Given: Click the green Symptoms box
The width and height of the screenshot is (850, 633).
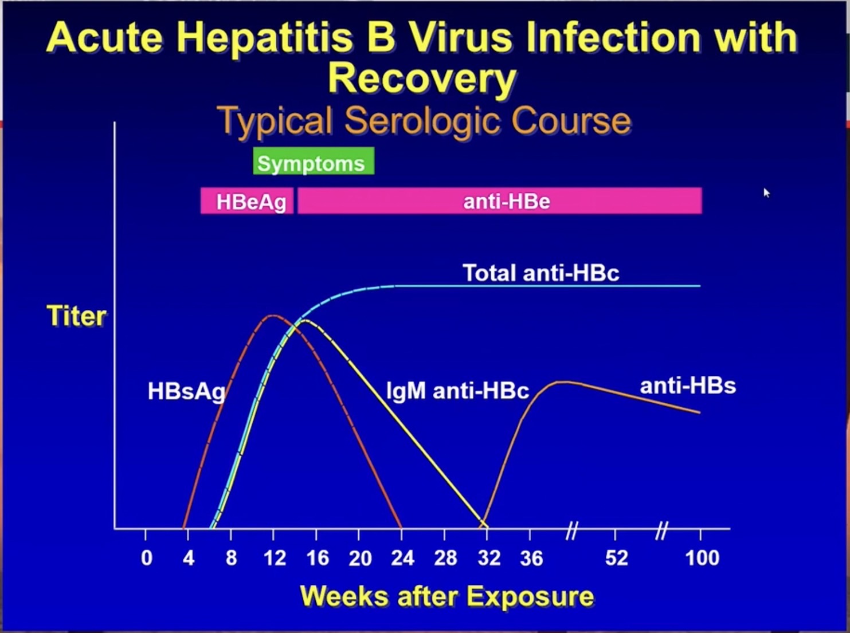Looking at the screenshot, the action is (x=314, y=161).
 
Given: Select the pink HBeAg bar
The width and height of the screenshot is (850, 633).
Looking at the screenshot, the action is (x=247, y=200).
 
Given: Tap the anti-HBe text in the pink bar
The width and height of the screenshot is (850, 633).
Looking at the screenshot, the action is (x=507, y=202).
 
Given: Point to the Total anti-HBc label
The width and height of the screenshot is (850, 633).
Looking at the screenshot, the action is (x=540, y=273).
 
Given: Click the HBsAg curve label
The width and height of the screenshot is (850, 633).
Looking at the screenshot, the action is (x=187, y=392).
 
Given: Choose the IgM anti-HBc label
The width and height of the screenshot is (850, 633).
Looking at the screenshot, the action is (x=457, y=391).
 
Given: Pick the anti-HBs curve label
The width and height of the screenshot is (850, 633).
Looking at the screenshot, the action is (x=688, y=386).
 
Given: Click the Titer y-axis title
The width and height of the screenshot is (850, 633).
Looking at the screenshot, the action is (x=76, y=316).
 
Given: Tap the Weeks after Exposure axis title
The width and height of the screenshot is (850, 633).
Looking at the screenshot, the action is (x=447, y=596).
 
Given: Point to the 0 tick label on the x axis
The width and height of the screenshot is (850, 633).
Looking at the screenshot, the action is (x=147, y=558).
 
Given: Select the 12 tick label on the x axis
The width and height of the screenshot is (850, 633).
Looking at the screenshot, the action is (x=275, y=558).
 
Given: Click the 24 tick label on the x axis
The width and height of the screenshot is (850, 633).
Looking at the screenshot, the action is (x=402, y=558).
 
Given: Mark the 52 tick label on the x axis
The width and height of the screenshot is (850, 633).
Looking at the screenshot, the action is (x=616, y=558).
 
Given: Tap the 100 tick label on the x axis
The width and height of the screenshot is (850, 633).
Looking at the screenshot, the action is (x=702, y=558).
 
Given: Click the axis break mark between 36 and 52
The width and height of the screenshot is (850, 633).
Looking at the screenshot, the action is (x=572, y=530).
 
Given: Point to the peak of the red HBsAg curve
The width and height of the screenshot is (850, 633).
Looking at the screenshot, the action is (x=273, y=315).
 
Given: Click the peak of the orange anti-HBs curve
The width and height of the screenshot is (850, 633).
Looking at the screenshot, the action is (x=563, y=382).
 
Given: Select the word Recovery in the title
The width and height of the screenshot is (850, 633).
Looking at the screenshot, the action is (x=422, y=78).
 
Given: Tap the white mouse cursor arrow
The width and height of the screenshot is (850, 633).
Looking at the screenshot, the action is (x=766, y=192).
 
